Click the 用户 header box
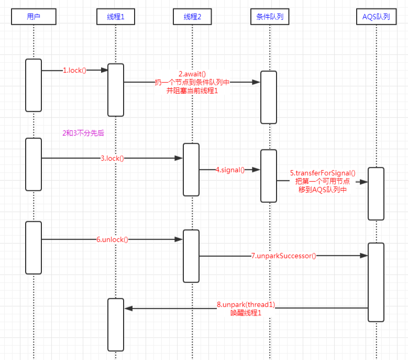[x=34, y=17]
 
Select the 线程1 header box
[x=116, y=17]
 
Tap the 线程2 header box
[x=192, y=17]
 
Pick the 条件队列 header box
[x=270, y=17]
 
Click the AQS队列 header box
[x=376, y=17]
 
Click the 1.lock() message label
[x=74, y=70]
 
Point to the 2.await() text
[x=192, y=74]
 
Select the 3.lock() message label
[x=112, y=158]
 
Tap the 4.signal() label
[x=230, y=170]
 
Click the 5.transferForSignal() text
[x=323, y=173]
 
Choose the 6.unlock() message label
[x=112, y=239]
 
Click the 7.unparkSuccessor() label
[x=284, y=256]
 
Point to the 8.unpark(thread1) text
[x=246, y=304]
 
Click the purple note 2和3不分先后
[x=83, y=133]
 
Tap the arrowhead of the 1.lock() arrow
[x=104, y=70]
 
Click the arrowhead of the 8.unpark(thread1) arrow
[x=128, y=309]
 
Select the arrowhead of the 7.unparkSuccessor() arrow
[x=364, y=256]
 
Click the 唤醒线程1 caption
[x=246, y=313]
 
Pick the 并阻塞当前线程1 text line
[x=192, y=91]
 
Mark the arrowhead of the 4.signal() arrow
[x=256, y=170]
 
